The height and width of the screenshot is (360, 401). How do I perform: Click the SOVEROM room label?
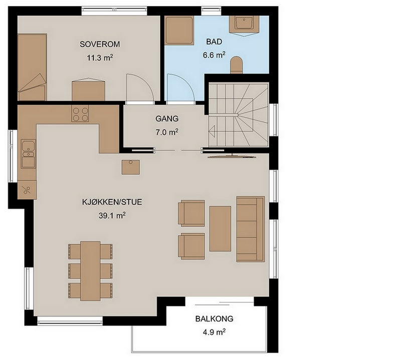tap(100, 44)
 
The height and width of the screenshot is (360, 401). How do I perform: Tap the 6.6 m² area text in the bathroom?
tap(214, 55)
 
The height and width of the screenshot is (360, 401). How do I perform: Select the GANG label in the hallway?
tap(167, 119)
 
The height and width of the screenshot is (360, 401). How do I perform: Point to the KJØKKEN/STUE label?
tap(112, 202)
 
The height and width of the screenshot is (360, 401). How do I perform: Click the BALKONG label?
tap(215, 319)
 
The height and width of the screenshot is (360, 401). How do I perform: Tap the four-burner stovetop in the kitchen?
tap(80, 114)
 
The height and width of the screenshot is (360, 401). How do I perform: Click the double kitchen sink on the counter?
tap(28, 154)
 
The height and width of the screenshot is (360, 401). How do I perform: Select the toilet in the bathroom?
tap(236, 65)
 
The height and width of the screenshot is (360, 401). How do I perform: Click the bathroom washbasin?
tap(244, 25)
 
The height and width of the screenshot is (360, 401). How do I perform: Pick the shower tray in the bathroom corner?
tap(179, 31)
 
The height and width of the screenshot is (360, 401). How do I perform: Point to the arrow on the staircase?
tap(212, 132)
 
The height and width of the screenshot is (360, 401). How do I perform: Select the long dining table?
tap(90, 271)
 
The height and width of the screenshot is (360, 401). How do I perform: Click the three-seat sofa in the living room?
tap(250, 229)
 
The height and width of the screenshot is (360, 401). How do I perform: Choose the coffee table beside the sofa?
tap(220, 229)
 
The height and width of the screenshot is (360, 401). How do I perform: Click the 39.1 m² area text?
tap(112, 216)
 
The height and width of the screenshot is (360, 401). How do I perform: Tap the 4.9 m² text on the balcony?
tap(214, 332)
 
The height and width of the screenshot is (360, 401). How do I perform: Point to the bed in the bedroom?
tap(32, 67)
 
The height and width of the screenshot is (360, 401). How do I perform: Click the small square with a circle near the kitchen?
tap(130, 167)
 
